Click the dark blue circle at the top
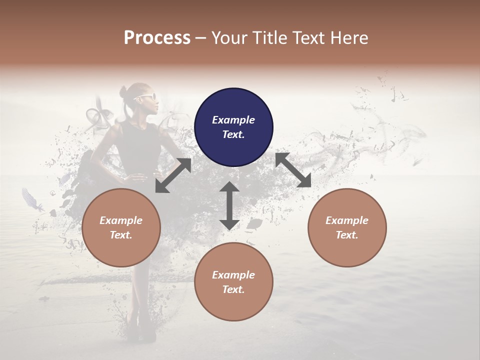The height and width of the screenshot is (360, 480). click(x=233, y=127)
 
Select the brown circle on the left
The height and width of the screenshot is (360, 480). click(x=121, y=227)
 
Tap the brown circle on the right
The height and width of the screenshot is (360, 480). click(x=346, y=227)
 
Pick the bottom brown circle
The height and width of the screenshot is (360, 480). click(x=233, y=281)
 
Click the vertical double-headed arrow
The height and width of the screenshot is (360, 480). click(x=229, y=205)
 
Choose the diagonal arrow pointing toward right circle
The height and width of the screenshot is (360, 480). click(x=293, y=170)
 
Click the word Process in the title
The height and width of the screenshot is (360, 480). click(x=157, y=37)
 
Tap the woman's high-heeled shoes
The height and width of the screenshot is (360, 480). click(x=140, y=332)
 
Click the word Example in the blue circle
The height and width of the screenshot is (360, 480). click(x=233, y=120)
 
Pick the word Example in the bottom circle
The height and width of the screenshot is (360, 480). click(x=233, y=275)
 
